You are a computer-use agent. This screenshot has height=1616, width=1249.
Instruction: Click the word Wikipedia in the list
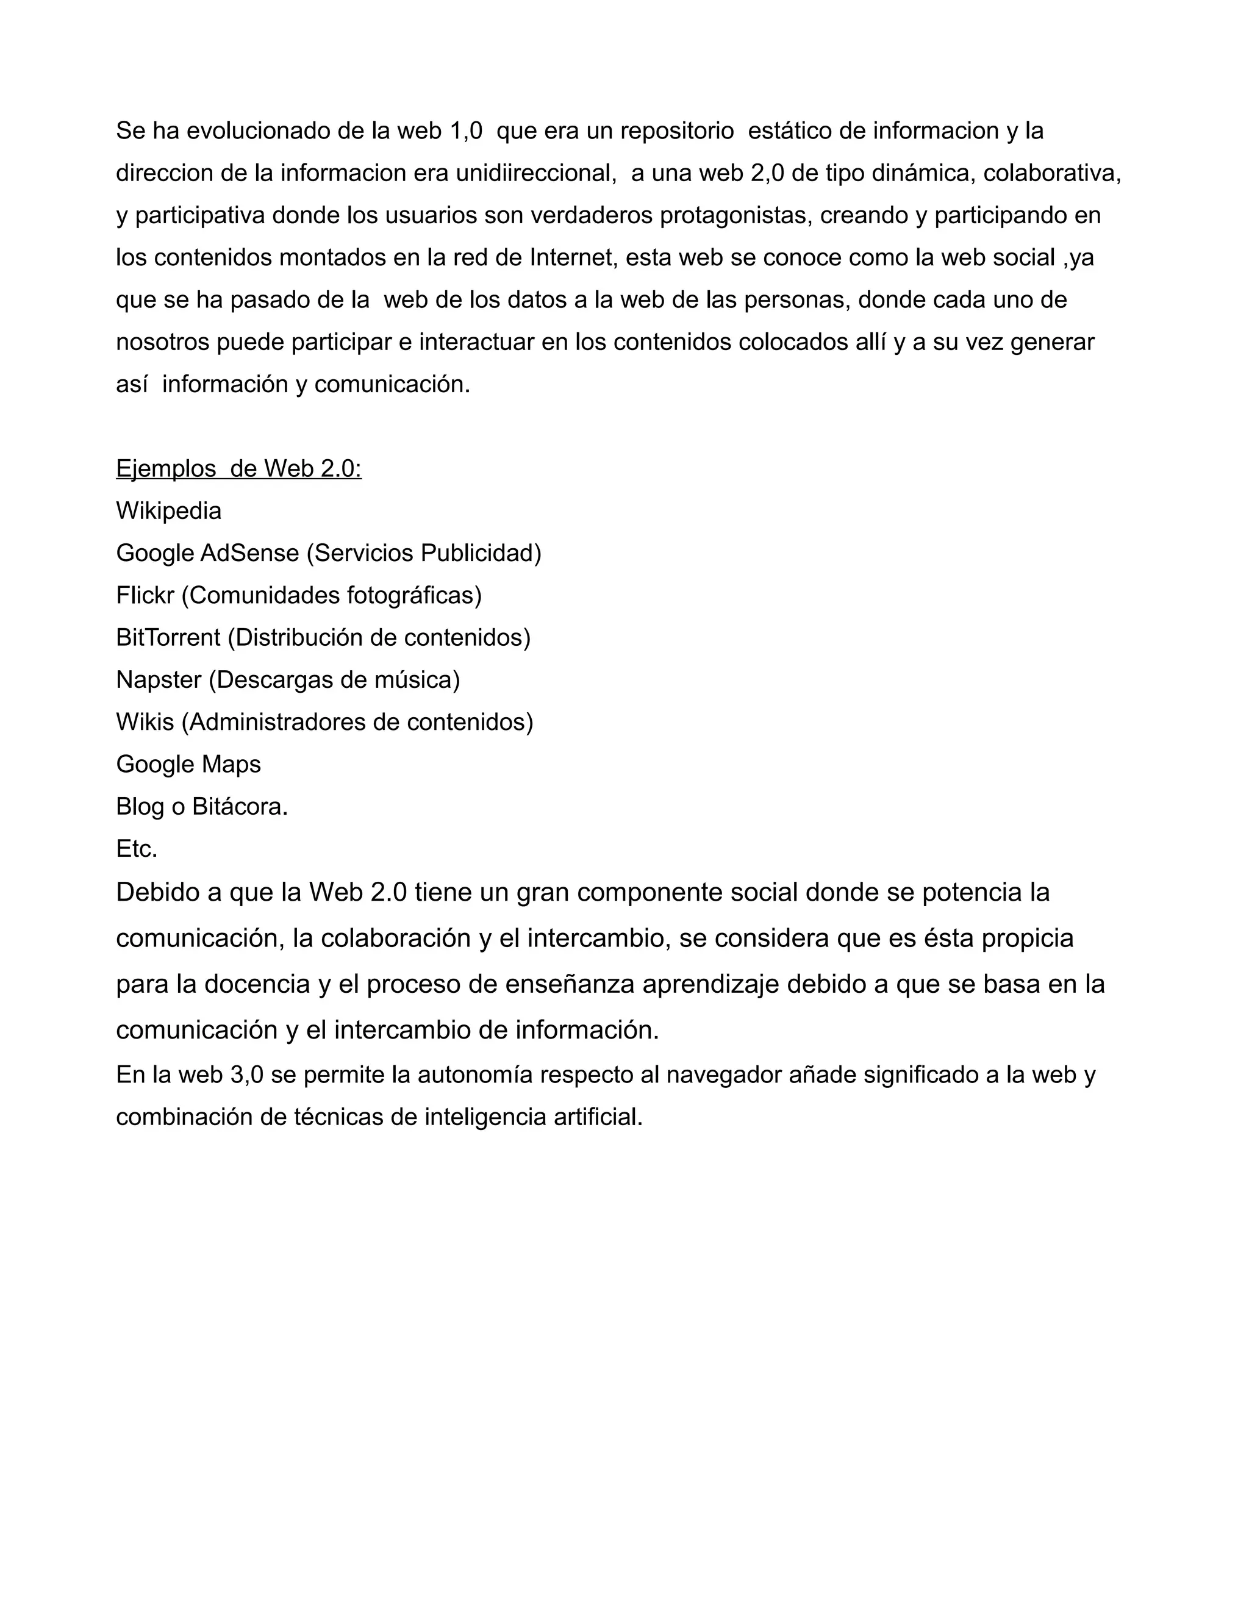pos(169,511)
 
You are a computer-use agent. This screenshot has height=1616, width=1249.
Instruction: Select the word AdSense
pos(249,554)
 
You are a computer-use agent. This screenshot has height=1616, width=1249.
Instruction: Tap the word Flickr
pos(145,596)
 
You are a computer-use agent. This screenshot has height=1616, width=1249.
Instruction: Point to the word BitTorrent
pos(168,638)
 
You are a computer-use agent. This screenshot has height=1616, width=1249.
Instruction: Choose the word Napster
pos(159,680)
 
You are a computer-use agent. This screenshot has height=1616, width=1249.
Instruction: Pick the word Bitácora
pos(239,807)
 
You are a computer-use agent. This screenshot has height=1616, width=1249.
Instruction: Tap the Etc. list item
pos(137,849)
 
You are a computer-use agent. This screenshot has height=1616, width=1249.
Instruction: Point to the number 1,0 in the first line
pos(466,132)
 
